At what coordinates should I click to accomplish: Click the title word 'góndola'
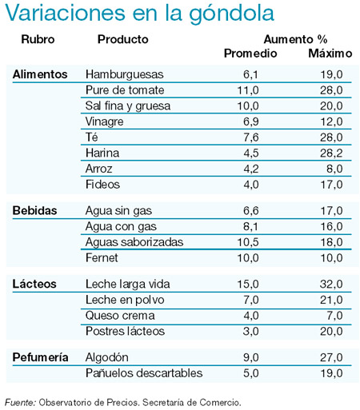[x=231, y=14]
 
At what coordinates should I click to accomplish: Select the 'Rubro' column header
[x=38, y=39]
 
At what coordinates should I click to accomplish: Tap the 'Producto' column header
[x=123, y=39]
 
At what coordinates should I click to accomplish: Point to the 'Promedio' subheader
[x=250, y=54]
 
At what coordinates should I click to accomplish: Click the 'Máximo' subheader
[x=330, y=54]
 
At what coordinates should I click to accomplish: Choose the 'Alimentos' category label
[x=40, y=74]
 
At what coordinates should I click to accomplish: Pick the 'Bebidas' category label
[x=34, y=211]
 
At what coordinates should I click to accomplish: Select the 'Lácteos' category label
[x=34, y=284]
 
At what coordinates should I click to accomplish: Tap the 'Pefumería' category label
[x=40, y=357]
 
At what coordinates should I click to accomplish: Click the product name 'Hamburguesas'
[x=125, y=74]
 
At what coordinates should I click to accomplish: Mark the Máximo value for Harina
[x=331, y=153]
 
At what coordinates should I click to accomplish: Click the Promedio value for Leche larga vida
[x=248, y=284]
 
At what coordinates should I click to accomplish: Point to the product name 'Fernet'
[x=102, y=258]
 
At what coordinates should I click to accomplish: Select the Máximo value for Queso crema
[x=335, y=316]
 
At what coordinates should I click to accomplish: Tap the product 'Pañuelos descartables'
[x=144, y=373]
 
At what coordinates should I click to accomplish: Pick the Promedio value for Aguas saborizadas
[x=248, y=242]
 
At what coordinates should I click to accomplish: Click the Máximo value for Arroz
[x=335, y=169]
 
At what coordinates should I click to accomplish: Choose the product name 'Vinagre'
[x=105, y=122]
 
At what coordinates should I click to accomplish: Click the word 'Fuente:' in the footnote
[x=20, y=402]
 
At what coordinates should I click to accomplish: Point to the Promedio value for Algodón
[x=251, y=357]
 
